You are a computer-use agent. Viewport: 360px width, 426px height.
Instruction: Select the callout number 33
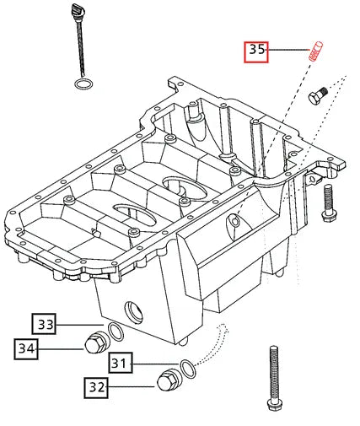coord(46,324)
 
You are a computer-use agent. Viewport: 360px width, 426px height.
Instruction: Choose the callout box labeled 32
coord(95,388)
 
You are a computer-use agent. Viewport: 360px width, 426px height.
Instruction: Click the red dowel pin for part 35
coord(319,50)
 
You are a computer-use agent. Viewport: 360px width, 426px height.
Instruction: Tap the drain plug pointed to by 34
coord(94,344)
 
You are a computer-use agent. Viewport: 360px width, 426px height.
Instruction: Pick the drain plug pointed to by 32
coord(168,382)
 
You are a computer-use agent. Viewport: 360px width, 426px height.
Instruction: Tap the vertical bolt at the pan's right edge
coord(329,202)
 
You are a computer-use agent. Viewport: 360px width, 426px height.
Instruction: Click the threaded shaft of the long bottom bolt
coord(273,371)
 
